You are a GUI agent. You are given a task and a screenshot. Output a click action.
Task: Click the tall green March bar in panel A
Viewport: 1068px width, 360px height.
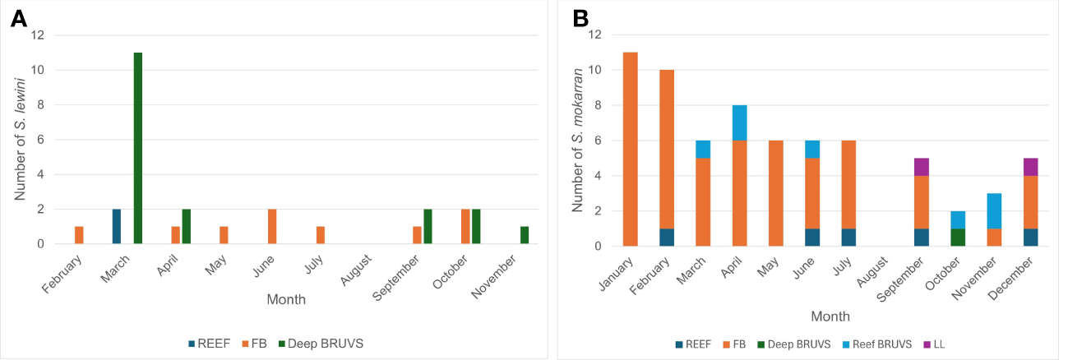tap(138, 148)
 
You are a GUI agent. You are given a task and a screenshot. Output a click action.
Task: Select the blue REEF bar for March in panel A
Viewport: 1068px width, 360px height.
tap(117, 227)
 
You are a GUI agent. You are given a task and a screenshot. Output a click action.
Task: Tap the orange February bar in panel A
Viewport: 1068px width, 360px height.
tap(79, 235)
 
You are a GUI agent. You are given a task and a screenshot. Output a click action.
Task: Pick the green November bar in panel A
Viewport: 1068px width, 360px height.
tap(525, 235)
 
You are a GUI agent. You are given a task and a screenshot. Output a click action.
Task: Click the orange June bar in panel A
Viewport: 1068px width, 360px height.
tap(272, 227)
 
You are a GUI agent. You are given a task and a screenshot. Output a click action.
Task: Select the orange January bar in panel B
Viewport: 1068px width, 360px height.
tap(631, 149)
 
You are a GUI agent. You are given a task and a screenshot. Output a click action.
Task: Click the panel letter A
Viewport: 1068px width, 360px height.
tap(19, 19)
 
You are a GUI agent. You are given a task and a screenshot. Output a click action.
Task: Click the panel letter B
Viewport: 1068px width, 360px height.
tap(580, 19)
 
